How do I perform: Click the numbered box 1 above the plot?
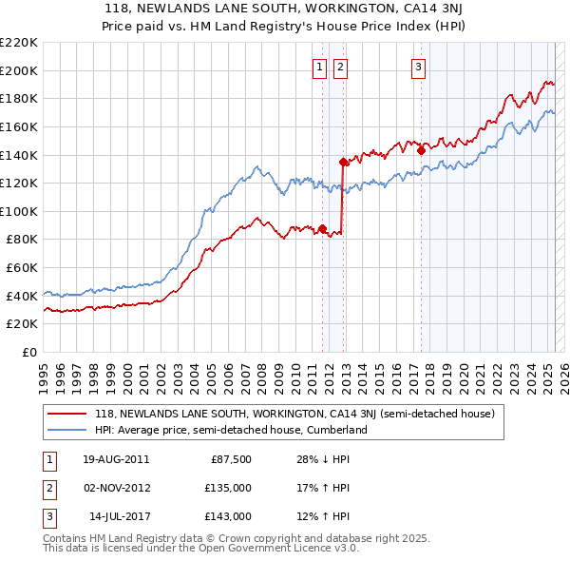[318, 67]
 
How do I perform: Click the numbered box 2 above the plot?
[340, 67]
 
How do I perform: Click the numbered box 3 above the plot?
[418, 67]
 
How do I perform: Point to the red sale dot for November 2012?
[343, 162]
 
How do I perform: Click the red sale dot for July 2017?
[421, 150]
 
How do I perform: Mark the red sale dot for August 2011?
[322, 228]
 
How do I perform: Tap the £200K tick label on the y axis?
[19, 70]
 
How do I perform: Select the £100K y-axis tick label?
[19, 211]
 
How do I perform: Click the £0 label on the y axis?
[29, 352]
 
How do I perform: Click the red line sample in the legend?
[66, 415]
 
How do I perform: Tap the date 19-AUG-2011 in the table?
[116, 460]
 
